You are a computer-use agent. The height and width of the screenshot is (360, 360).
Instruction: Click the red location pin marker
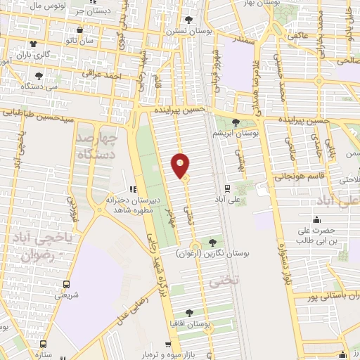pos(181,165)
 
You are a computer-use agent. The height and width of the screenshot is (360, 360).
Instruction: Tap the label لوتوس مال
pos(29,6)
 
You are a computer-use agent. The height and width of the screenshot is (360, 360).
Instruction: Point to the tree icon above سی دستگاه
pos(39,76)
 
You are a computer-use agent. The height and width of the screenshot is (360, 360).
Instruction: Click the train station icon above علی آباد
pos(227,188)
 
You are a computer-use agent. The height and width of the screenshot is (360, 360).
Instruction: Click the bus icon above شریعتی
pos(66,284)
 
